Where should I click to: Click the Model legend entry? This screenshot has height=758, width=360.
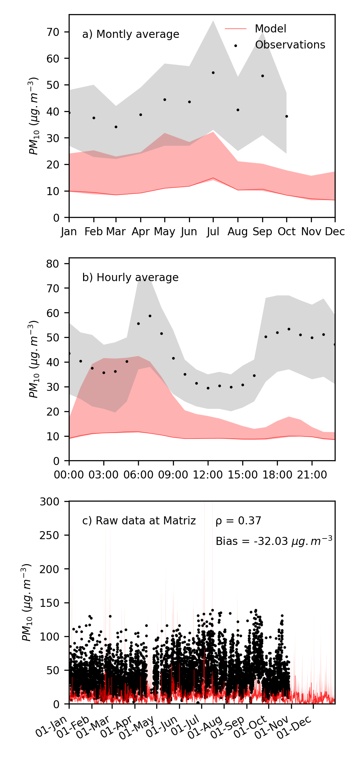point(270,29)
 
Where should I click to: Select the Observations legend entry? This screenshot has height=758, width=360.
point(290,45)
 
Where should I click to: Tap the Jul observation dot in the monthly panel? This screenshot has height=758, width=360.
point(213,73)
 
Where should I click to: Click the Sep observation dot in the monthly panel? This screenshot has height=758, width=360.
point(262,76)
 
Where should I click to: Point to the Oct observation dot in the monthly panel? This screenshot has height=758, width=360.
point(287,116)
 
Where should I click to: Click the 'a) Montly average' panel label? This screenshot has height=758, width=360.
point(131,34)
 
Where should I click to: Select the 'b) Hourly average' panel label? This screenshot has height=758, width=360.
point(130,278)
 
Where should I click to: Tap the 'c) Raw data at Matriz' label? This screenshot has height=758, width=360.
point(139,521)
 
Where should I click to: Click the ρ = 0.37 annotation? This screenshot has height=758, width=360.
point(238,521)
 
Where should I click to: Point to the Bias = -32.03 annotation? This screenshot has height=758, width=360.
point(274,541)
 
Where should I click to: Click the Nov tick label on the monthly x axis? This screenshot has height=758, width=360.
point(311,232)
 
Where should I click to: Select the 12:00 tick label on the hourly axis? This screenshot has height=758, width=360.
point(208,475)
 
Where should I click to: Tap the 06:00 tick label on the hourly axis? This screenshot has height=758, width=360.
point(138,475)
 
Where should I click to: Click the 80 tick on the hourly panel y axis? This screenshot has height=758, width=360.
point(53,264)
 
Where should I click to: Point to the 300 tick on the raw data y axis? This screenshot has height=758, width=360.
point(49,502)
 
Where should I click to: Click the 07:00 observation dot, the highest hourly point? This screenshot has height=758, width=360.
point(150,316)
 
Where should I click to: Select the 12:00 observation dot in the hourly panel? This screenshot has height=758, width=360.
point(208,388)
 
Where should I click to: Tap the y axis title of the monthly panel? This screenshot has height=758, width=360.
point(33,116)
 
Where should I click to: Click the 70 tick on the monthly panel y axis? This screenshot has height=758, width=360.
point(53,32)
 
